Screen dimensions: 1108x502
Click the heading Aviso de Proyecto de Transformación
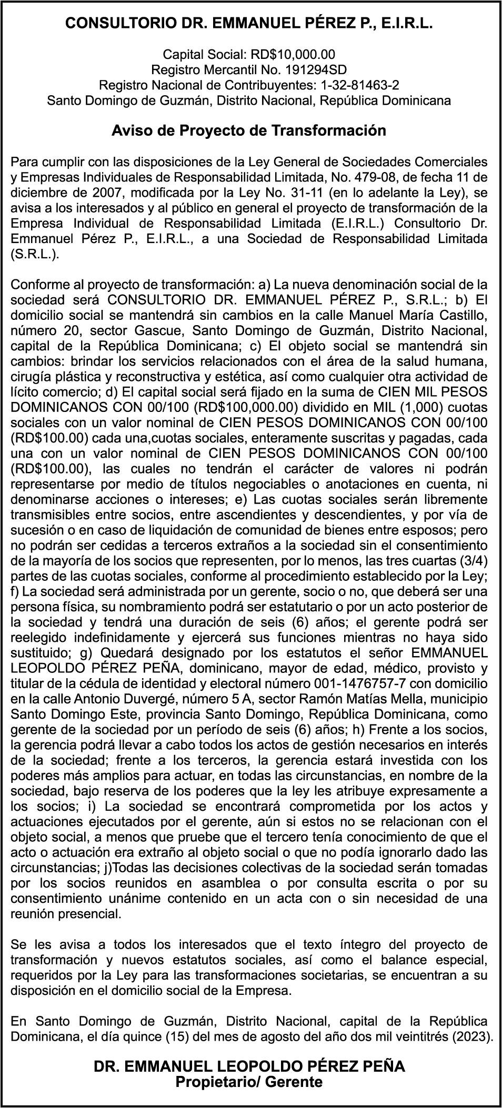pos(249,130)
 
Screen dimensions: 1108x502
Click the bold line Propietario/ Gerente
pos(249,1083)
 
